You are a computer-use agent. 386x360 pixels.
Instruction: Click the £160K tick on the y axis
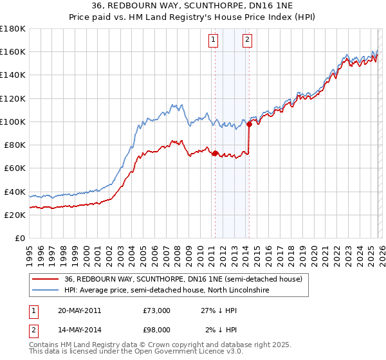13,51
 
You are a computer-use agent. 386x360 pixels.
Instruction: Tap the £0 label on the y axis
19,238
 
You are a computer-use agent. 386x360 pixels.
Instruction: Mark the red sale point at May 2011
215,153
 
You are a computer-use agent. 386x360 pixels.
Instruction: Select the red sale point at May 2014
249,124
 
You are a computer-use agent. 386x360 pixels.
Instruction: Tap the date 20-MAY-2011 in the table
79,310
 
